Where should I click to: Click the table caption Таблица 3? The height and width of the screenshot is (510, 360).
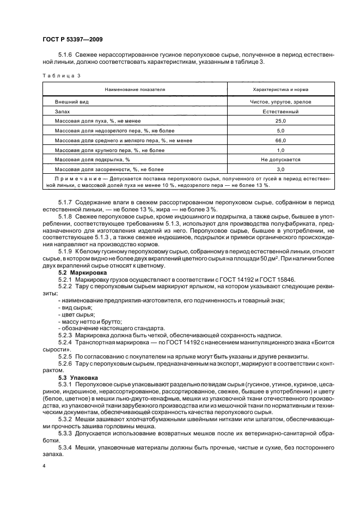pos(62,76)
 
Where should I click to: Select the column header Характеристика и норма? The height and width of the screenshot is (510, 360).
pos(280,89)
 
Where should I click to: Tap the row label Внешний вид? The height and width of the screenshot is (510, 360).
pos(72,102)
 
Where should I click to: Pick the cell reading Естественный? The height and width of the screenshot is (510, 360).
pos(280,111)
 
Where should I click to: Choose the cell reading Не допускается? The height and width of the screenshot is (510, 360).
pos(280,160)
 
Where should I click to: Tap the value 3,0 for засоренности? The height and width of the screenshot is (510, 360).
pos(280,169)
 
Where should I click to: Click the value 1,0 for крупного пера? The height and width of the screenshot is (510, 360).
pos(280,150)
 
